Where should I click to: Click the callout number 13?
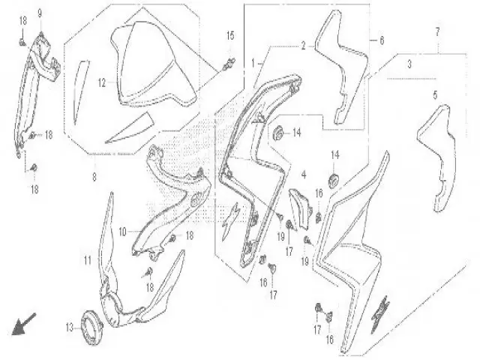(x=70, y=328)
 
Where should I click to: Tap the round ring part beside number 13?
(x=91, y=328)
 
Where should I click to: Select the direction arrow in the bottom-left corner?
(x=23, y=324)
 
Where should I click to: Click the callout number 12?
(x=102, y=82)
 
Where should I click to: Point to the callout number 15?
(x=230, y=36)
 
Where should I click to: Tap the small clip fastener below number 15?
(x=229, y=64)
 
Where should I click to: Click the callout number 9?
(x=40, y=13)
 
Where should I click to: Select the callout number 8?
(x=94, y=177)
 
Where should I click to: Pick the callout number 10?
(x=122, y=232)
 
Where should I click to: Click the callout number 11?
(x=88, y=260)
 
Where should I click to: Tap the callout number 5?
(x=435, y=95)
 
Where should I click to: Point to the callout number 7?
(x=437, y=31)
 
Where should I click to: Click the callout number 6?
(x=382, y=40)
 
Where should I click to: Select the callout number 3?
(x=409, y=64)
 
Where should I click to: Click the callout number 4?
(x=304, y=175)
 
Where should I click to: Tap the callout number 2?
(x=303, y=46)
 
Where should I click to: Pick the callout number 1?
(x=253, y=63)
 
